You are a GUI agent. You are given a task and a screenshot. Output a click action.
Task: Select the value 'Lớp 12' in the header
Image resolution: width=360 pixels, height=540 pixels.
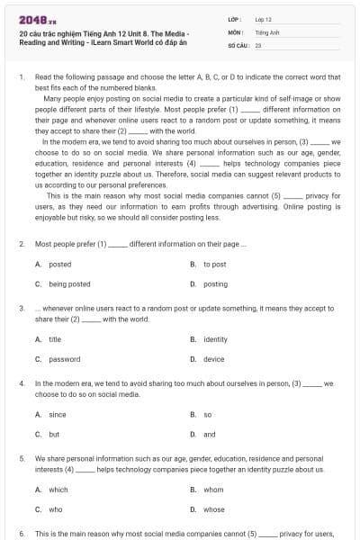pos(263,19)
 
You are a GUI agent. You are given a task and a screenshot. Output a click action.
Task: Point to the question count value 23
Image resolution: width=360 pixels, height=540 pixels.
pos(258,44)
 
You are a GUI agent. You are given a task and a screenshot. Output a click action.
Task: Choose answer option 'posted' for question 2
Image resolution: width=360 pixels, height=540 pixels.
pos(59,264)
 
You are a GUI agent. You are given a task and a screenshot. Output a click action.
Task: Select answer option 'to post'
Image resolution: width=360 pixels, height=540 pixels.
pos(214,264)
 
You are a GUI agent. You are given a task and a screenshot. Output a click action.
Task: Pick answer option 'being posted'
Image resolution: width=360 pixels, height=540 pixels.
pos(69,283)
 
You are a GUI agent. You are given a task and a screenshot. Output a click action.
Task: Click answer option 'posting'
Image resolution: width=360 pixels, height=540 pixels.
pos(215,283)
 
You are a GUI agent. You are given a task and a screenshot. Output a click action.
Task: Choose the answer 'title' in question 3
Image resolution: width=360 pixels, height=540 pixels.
pos(55,339)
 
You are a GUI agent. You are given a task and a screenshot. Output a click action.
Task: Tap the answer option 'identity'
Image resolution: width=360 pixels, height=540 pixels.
pos(215,339)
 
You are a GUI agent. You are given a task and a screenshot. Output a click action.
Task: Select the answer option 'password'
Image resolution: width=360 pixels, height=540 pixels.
pos(64,359)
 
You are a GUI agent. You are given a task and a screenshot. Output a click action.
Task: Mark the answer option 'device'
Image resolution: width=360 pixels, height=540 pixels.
pos(213,359)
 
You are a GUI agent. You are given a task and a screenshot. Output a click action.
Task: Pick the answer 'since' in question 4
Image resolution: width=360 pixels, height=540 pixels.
pos(57,414)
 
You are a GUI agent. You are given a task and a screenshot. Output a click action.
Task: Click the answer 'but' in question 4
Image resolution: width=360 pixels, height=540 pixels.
pos(54,434)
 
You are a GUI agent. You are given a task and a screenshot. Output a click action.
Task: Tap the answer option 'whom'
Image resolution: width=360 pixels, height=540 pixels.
pos(213,490)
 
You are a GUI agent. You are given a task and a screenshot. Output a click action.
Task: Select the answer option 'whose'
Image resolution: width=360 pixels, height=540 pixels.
pos(214,509)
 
